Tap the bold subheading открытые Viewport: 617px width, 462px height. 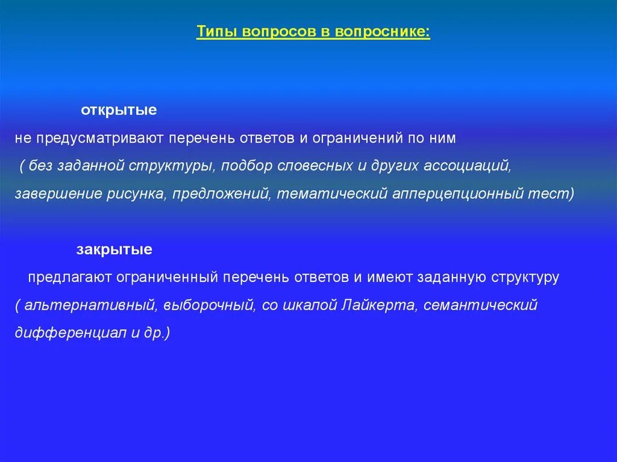click(119, 111)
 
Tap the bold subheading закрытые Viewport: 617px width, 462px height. click(114, 249)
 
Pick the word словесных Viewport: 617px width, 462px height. click(315, 166)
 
